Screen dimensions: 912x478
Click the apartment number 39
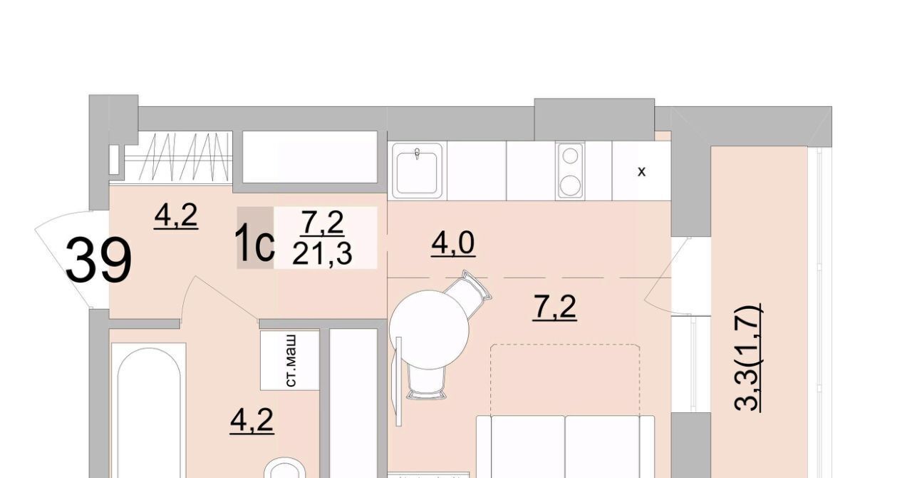pos(98,260)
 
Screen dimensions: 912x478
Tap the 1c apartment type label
pos(255,244)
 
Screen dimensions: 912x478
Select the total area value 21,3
pos(322,255)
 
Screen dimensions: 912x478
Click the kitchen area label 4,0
pos(453,243)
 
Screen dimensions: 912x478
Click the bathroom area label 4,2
pos(252,420)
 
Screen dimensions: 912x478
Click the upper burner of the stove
pos(570,156)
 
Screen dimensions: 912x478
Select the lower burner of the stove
pos(570,185)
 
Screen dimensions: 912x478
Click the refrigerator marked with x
pos(641,171)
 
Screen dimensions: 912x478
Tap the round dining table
pos(429,330)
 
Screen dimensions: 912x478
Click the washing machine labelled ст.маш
pos(290,360)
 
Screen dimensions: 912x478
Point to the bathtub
pos(149,410)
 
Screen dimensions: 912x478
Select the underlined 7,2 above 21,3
pos(322,223)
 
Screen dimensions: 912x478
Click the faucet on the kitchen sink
pos(417,154)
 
